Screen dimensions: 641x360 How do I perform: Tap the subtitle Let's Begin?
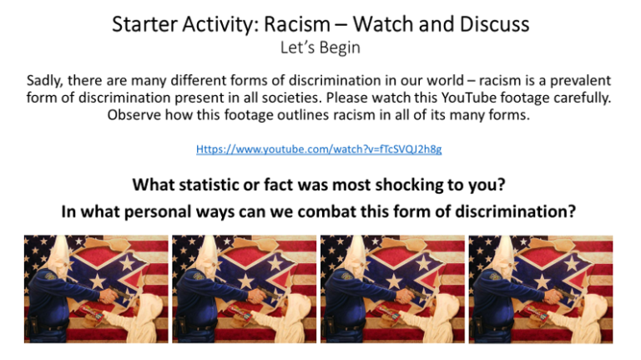pyautogui.click(x=320, y=48)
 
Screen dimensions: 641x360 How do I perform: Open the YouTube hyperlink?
pyautogui.click(x=319, y=149)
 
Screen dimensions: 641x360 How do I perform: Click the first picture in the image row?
pyautogui.click(x=96, y=289)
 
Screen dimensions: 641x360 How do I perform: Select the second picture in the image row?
pyautogui.click(x=244, y=289)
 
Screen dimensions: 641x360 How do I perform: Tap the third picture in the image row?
pyautogui.click(x=392, y=289)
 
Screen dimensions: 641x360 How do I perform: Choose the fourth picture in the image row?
pyautogui.click(x=541, y=289)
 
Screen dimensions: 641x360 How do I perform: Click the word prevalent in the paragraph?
pyautogui.click(x=581, y=80)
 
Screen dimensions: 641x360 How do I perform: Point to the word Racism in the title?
pyautogui.click(x=297, y=24)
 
